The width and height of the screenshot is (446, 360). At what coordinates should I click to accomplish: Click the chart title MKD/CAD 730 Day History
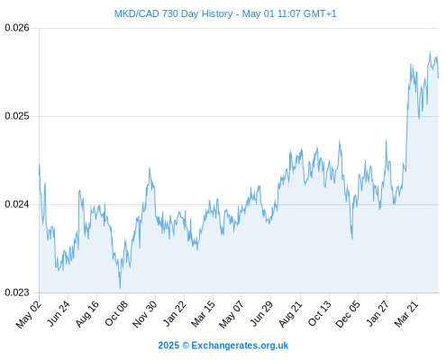(173, 13)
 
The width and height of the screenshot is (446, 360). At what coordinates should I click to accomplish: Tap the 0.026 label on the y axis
(17, 28)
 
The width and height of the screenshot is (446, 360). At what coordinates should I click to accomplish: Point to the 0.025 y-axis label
(17, 116)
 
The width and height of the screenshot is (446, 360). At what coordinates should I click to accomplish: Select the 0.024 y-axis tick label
(17, 204)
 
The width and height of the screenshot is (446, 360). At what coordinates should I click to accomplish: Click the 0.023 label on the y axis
(17, 292)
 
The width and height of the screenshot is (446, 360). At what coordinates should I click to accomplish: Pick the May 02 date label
(28, 314)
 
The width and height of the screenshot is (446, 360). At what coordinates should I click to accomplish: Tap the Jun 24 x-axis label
(58, 313)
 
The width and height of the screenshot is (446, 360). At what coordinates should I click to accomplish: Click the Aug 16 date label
(86, 314)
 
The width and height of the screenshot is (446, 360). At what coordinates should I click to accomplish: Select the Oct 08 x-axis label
(116, 313)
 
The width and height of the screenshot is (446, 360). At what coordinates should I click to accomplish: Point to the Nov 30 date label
(144, 314)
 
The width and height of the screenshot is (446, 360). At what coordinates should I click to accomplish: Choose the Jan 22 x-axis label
(174, 314)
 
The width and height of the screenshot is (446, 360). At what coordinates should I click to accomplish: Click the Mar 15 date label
(203, 314)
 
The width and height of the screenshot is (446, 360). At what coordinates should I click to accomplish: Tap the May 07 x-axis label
(231, 314)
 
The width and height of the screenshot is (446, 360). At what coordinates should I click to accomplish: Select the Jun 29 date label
(261, 313)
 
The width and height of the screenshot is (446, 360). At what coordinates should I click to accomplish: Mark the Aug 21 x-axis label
(290, 314)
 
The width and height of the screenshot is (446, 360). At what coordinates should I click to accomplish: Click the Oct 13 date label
(320, 313)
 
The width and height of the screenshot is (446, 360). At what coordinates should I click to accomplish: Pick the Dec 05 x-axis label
(348, 314)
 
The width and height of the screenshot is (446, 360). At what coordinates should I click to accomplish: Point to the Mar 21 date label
(406, 314)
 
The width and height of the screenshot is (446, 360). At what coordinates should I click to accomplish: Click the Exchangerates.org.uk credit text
(240, 346)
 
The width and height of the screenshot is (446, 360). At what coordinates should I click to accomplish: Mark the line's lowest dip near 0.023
(120, 288)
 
